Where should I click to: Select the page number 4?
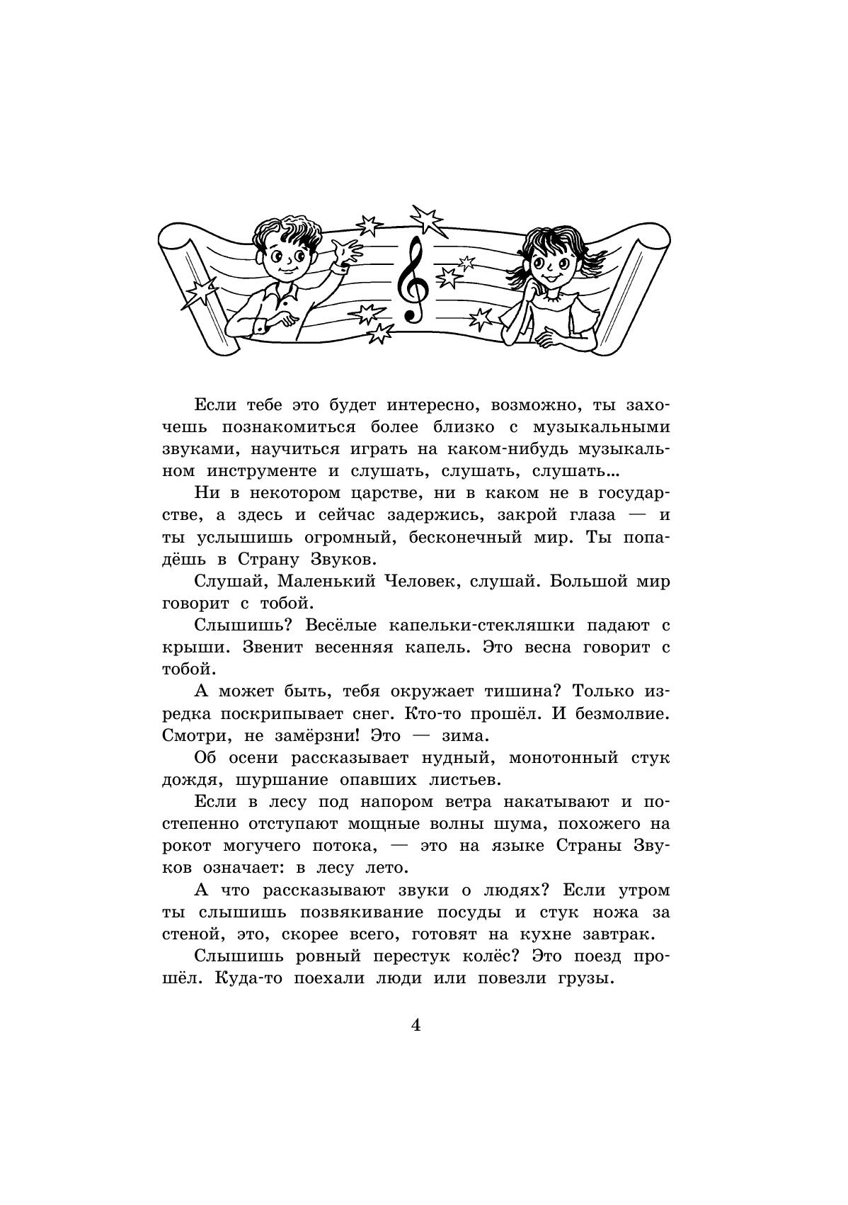tap(416, 1024)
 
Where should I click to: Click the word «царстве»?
tap(388, 493)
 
